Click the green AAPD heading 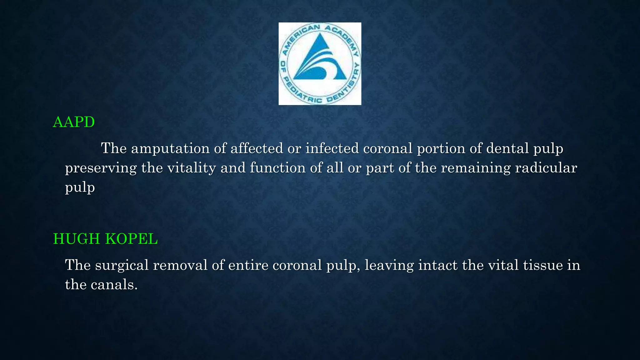74,122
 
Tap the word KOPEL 132,239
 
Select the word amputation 170,148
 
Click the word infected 332,148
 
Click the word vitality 192,168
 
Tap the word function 278,168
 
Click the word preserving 101,168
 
